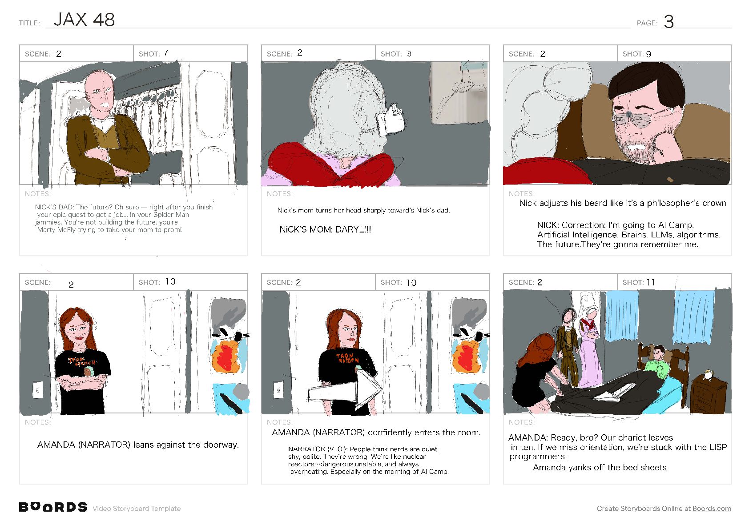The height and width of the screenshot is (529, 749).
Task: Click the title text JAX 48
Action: (84, 20)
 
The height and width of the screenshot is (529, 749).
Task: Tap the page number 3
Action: (668, 22)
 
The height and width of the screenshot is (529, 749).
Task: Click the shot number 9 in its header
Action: (648, 54)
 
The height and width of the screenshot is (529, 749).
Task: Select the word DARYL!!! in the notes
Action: (353, 229)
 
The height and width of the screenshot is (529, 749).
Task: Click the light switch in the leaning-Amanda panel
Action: (38, 390)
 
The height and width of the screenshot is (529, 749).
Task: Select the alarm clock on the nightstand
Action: (707, 375)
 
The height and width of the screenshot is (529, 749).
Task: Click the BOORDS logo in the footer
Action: (53, 507)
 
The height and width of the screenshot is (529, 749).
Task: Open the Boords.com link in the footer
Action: (711, 508)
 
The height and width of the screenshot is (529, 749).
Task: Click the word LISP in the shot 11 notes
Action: (717, 447)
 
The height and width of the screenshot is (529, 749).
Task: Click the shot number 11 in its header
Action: (650, 282)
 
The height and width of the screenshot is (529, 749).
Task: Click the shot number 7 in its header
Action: (166, 53)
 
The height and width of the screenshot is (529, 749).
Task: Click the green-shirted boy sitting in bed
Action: (657, 363)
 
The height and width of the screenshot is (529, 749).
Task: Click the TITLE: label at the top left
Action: (29, 23)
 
